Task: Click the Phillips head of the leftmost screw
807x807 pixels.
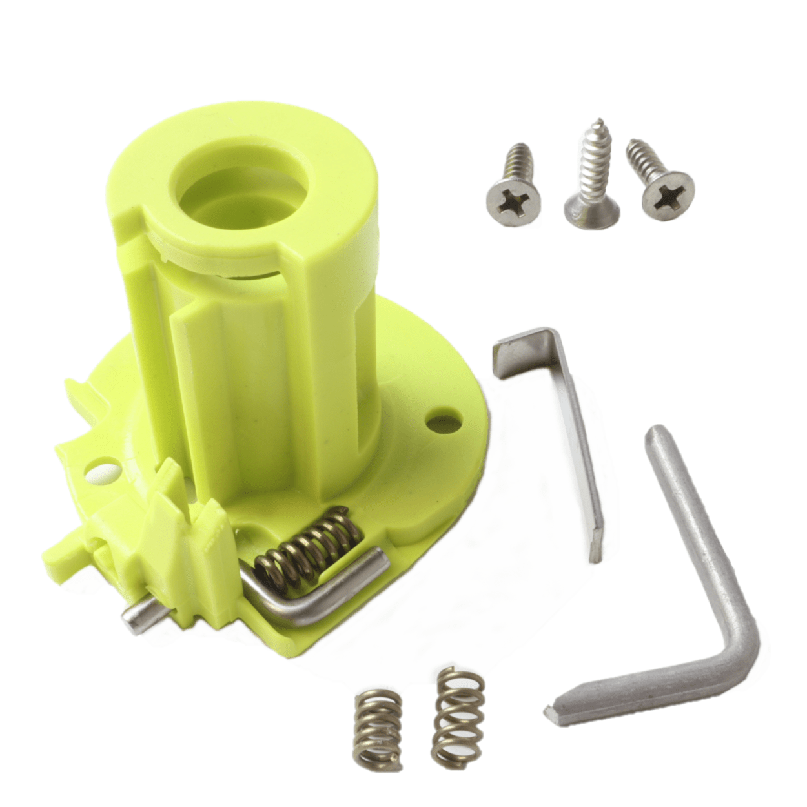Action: click(514, 196)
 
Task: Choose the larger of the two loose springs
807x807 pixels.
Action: click(458, 717)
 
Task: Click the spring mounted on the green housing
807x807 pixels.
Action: click(309, 546)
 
